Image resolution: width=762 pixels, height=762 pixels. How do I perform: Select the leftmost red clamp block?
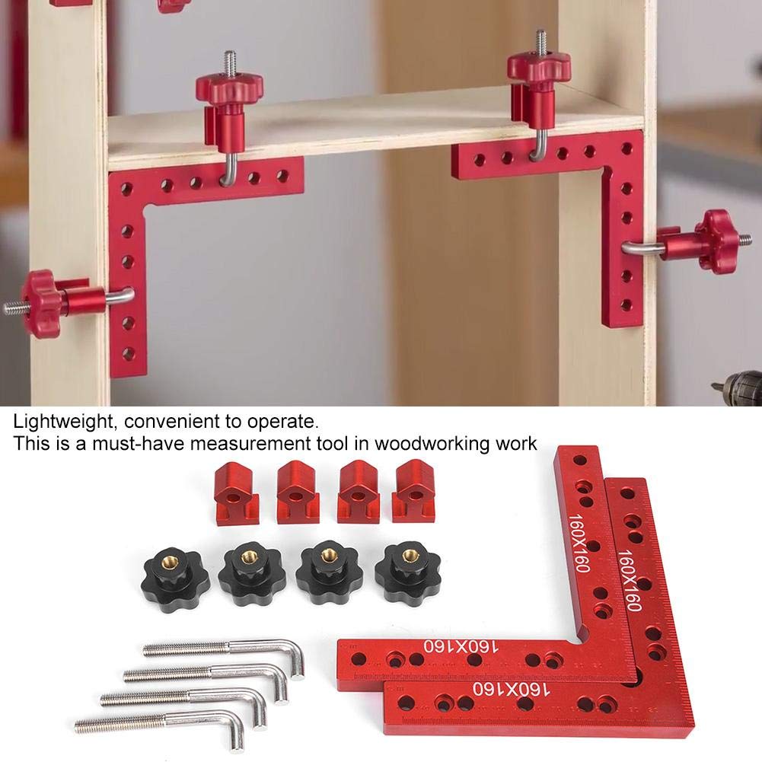[237, 493]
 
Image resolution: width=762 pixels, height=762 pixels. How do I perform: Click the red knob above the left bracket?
[229, 90]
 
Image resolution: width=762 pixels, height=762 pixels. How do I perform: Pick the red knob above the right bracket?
[539, 69]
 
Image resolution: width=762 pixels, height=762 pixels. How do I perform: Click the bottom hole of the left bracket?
[129, 354]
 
